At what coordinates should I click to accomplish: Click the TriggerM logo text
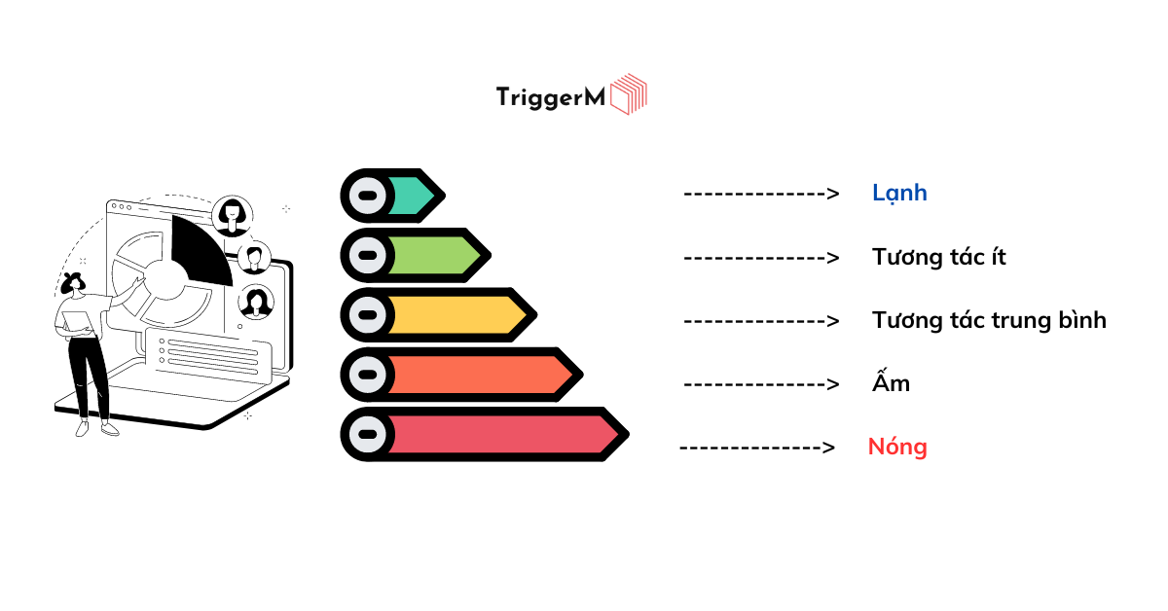pyautogui.click(x=551, y=97)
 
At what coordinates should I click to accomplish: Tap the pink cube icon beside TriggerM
pyautogui.click(x=629, y=93)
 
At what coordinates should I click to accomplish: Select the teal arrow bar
pyautogui.click(x=392, y=196)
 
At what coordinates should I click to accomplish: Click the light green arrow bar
pyautogui.click(x=416, y=256)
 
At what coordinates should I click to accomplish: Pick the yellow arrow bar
pyautogui.click(x=439, y=315)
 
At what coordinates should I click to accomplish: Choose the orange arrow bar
pyautogui.click(x=461, y=375)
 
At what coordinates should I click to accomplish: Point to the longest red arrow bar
pyautogui.click(x=485, y=434)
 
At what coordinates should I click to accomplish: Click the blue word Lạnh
pyautogui.click(x=899, y=194)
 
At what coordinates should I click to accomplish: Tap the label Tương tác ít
pyautogui.click(x=938, y=257)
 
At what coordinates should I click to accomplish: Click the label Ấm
pyautogui.click(x=892, y=381)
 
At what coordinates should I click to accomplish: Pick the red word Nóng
pyautogui.click(x=897, y=448)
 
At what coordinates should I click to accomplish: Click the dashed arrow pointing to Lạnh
pyautogui.click(x=761, y=194)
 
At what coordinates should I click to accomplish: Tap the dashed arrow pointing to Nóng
pyautogui.click(x=757, y=448)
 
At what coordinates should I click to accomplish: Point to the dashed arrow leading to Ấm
pyautogui.click(x=761, y=384)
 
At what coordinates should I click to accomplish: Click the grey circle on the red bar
pyautogui.click(x=368, y=434)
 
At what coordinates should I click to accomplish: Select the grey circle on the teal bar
pyautogui.click(x=368, y=196)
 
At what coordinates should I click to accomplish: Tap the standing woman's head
pyautogui.click(x=72, y=283)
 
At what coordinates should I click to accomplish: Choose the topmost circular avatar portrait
pyautogui.click(x=232, y=216)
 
